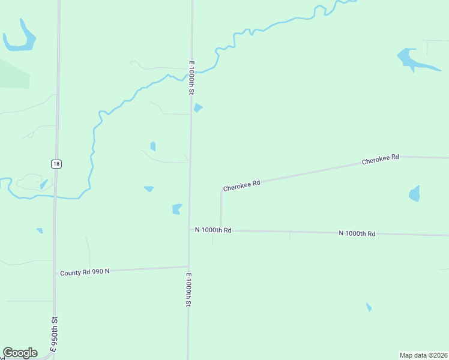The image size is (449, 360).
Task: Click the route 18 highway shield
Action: [56, 164]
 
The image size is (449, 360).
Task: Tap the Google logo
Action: [20, 353]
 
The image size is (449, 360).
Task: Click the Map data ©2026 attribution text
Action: [423, 355]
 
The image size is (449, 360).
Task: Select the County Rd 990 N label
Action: [85, 272]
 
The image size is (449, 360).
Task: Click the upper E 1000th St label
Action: [191, 77]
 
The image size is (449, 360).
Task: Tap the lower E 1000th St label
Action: [188, 290]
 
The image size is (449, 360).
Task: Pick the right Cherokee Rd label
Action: [380, 160]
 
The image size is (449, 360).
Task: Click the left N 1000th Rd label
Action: [213, 230]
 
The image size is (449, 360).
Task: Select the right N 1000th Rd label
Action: [357, 233]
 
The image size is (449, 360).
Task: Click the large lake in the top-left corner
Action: [20, 39]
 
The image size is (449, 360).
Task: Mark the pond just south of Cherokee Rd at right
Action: [414, 193]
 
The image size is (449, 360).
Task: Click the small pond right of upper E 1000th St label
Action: [197, 108]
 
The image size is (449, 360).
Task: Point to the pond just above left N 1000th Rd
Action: [176, 209]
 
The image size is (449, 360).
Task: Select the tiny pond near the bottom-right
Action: [369, 307]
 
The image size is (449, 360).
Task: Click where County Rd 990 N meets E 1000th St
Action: [188, 266]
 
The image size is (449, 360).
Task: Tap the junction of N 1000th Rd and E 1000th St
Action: [190, 229]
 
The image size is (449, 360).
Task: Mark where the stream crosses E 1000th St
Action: [191, 73]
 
